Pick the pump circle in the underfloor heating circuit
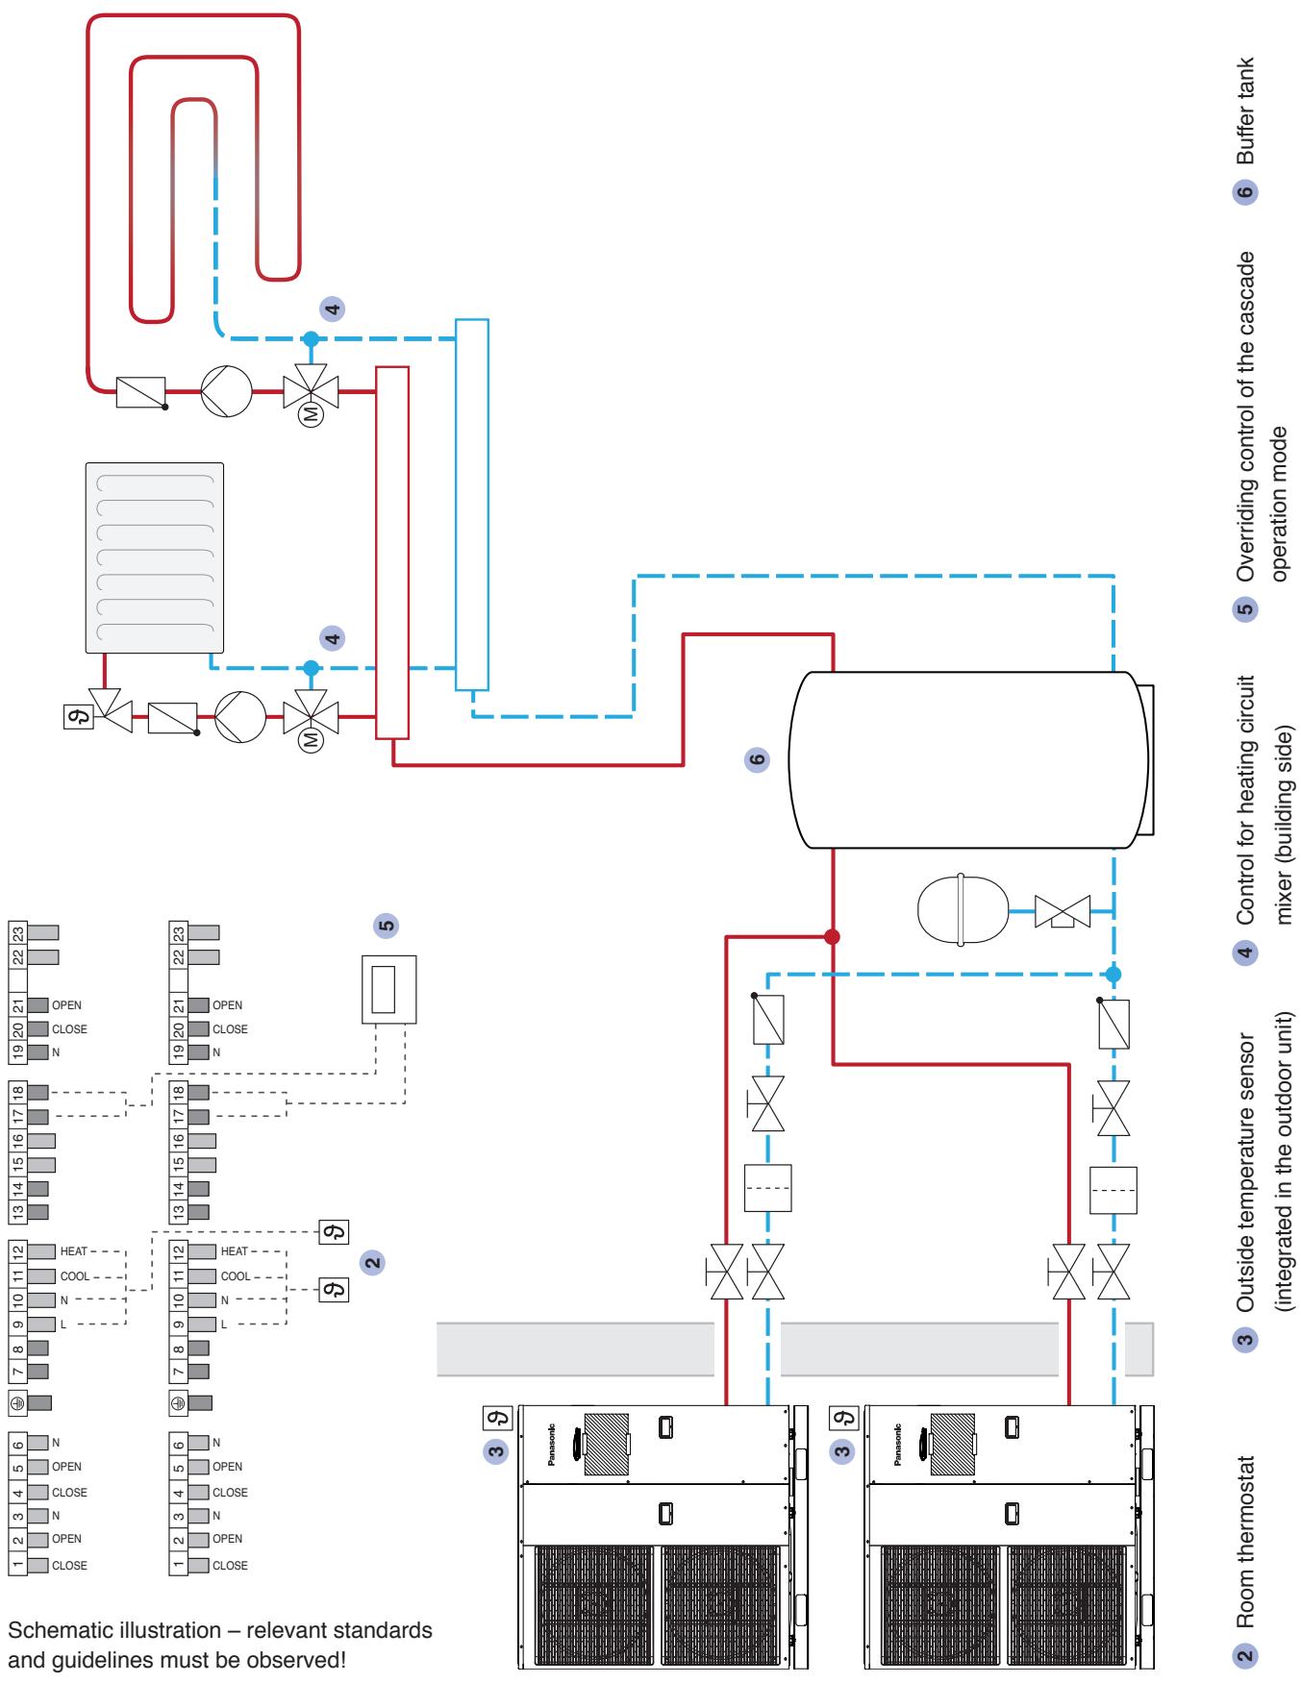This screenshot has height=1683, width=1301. click(x=226, y=391)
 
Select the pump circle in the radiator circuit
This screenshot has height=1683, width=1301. click(x=239, y=716)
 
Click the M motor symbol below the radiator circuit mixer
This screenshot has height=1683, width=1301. click(x=310, y=741)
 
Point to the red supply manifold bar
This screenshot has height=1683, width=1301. click(x=392, y=553)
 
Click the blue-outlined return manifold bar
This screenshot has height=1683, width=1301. click(x=472, y=505)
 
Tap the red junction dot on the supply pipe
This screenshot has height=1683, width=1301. click(x=833, y=936)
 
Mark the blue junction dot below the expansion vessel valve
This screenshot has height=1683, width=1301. click(x=1113, y=974)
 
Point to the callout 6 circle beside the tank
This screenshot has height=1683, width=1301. click(x=758, y=759)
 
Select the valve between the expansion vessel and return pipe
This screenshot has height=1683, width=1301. click(x=1063, y=909)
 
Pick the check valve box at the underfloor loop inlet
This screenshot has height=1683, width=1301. click(x=141, y=391)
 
